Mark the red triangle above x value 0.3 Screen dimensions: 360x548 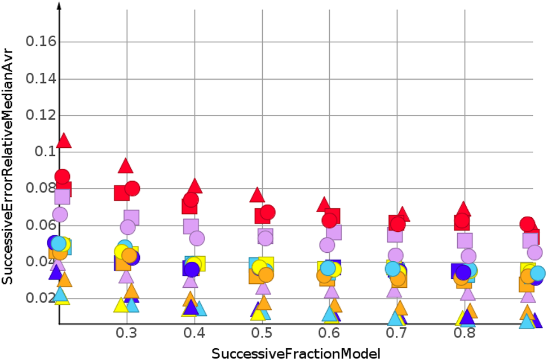[x=125, y=166]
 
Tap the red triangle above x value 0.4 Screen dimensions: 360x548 [x=195, y=186]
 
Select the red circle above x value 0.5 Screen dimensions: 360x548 [x=268, y=213]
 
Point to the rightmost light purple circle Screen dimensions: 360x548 [x=534, y=252]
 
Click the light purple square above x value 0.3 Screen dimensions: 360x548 [x=131, y=217]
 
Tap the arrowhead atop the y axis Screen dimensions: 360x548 [x=59, y=6]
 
